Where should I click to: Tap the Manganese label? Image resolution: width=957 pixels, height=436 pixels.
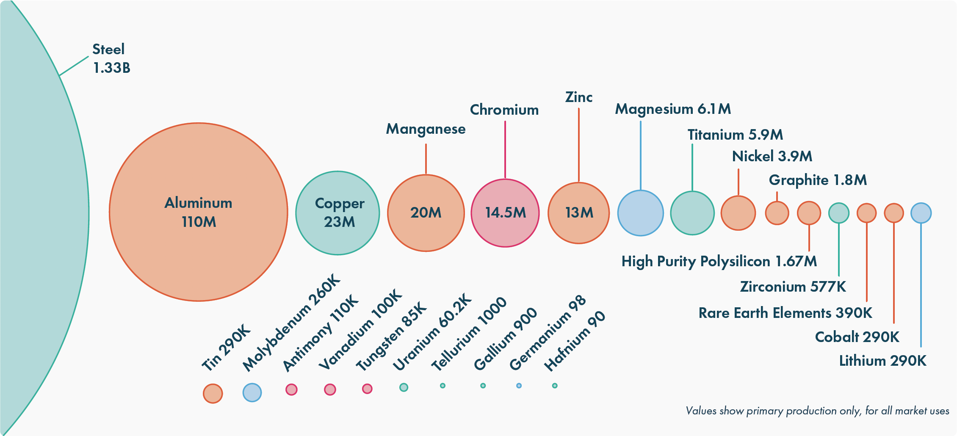click(426, 129)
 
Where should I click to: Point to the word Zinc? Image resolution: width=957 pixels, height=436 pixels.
click(578, 97)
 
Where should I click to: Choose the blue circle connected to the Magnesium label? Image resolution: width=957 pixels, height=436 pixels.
click(640, 213)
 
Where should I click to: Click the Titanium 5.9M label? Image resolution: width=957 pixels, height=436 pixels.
click(735, 135)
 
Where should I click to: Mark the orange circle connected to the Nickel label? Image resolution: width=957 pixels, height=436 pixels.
click(738, 213)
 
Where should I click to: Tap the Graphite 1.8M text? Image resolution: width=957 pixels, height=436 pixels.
click(818, 180)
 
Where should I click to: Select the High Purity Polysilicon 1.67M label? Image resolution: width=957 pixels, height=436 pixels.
click(719, 262)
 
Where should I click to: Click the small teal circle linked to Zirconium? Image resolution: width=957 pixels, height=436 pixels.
click(838, 213)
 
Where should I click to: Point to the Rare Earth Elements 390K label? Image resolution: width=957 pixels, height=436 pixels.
click(785, 313)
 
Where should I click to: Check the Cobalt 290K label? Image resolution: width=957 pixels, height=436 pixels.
click(857, 337)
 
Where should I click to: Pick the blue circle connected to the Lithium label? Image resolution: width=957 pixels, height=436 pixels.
click(921, 213)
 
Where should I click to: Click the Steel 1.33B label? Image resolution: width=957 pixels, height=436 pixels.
click(111, 58)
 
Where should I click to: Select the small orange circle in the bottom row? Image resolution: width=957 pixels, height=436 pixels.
click(213, 393)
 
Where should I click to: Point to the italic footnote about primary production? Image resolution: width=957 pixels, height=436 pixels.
click(817, 411)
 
